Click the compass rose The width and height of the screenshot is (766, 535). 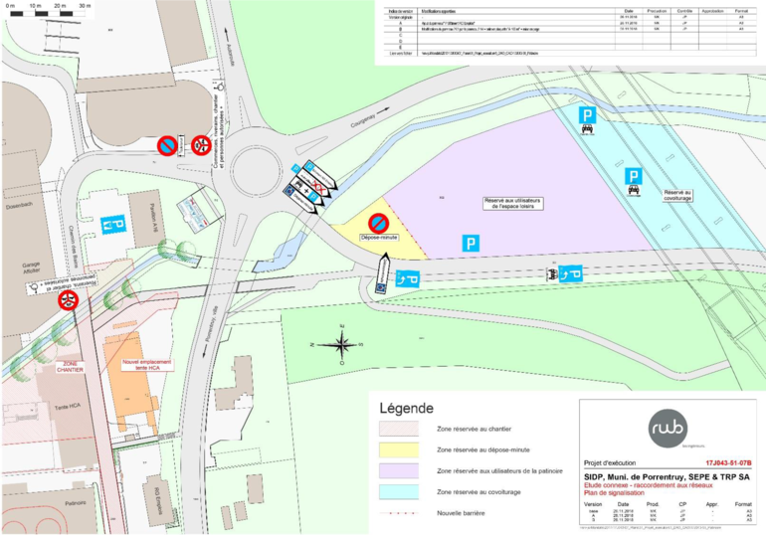(341, 345)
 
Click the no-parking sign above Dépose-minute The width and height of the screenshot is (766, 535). (379, 223)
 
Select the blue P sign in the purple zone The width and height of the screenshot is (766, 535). (470, 242)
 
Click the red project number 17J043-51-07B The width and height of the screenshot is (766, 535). (727, 463)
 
